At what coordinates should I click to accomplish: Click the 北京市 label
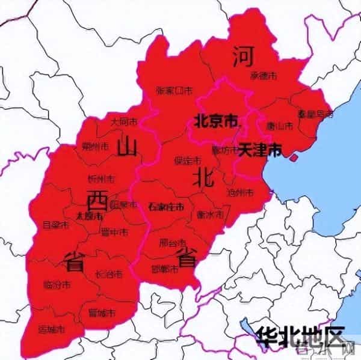tap(215, 121)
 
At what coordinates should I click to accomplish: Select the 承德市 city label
tap(264, 76)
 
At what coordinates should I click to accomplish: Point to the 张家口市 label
tap(174, 91)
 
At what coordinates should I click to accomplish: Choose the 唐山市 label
tap(279, 126)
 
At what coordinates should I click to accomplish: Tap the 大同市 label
tap(123, 121)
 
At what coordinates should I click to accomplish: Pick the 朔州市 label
tap(94, 146)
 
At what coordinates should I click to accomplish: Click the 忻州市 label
tap(100, 178)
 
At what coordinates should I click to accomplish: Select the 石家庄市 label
tap(165, 207)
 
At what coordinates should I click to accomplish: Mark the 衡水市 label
tap(210, 215)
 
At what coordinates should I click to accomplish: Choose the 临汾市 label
tap(57, 284)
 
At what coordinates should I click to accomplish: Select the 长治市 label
tap(109, 274)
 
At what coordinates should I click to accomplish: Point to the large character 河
tap(242, 57)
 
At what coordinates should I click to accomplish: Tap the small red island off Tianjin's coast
tap(293, 157)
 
